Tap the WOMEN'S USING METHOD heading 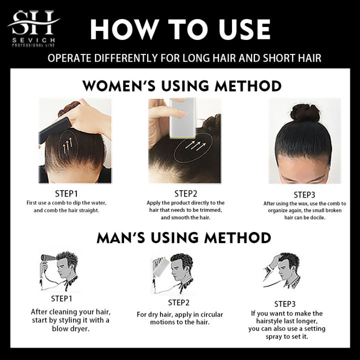coord(181,85)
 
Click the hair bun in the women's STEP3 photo coord(305,112)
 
